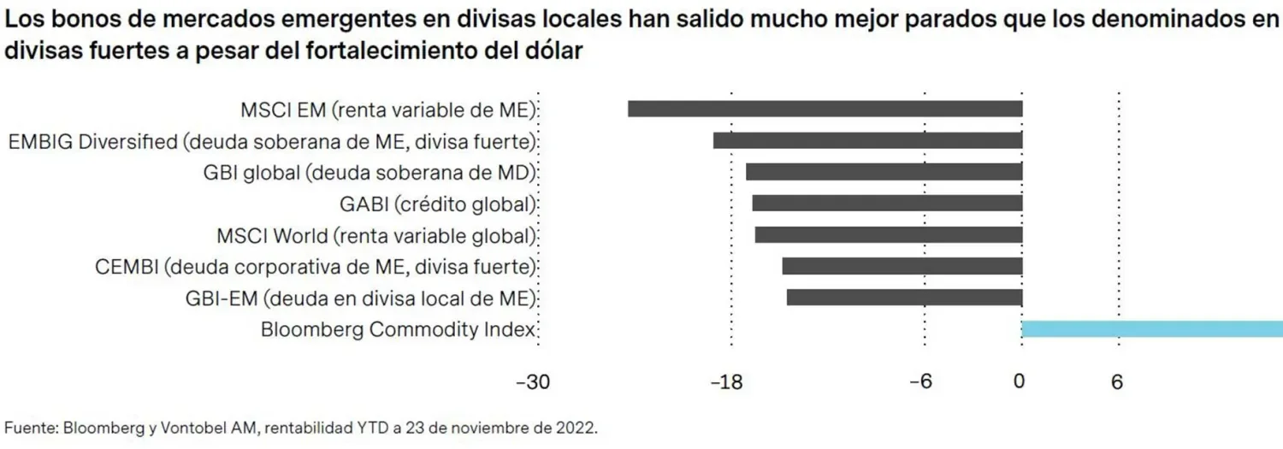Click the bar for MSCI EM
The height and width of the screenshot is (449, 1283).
pyautogui.click(x=825, y=109)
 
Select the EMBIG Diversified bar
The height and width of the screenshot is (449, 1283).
pyautogui.click(x=868, y=140)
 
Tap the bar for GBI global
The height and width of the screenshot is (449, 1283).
pyautogui.click(x=884, y=172)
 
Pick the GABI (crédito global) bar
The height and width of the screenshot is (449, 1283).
pyautogui.click(x=887, y=204)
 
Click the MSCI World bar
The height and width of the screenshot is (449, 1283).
pyautogui.click(x=889, y=234)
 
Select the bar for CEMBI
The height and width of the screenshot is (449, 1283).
pyautogui.click(x=902, y=266)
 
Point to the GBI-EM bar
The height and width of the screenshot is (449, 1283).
pyautogui.click(x=905, y=298)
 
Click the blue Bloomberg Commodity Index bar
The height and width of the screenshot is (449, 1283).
pyautogui.click(x=1152, y=329)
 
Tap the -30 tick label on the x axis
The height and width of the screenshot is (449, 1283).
pyautogui.click(x=533, y=383)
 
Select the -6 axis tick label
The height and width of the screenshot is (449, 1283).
pyautogui.click(x=920, y=383)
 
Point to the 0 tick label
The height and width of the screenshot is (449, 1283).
pyautogui.click(x=1019, y=383)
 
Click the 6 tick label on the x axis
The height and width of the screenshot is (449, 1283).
pyautogui.click(x=1116, y=383)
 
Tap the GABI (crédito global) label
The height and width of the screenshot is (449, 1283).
pyautogui.click(x=437, y=204)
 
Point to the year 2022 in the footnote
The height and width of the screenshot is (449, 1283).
pyautogui.click(x=576, y=428)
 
